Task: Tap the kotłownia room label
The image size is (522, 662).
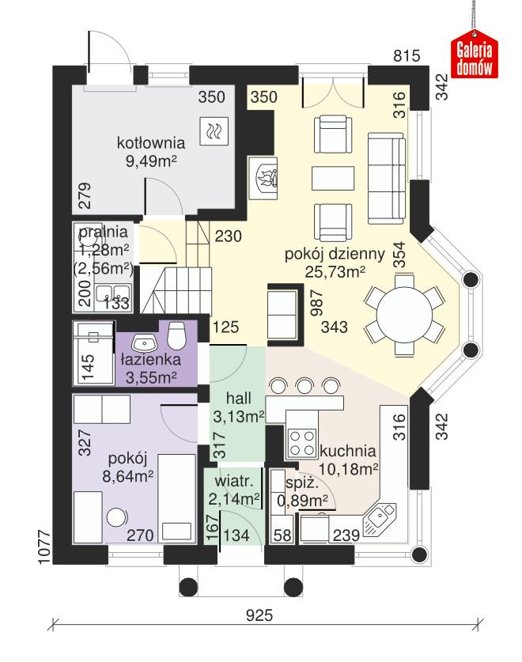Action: [x=150, y=144]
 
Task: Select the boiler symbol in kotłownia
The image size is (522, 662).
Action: [x=214, y=131]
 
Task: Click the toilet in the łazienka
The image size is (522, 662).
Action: [x=178, y=335]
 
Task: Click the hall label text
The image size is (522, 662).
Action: [x=238, y=397]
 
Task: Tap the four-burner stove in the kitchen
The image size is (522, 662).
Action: [x=301, y=441]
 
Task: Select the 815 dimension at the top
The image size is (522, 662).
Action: [x=407, y=57]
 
